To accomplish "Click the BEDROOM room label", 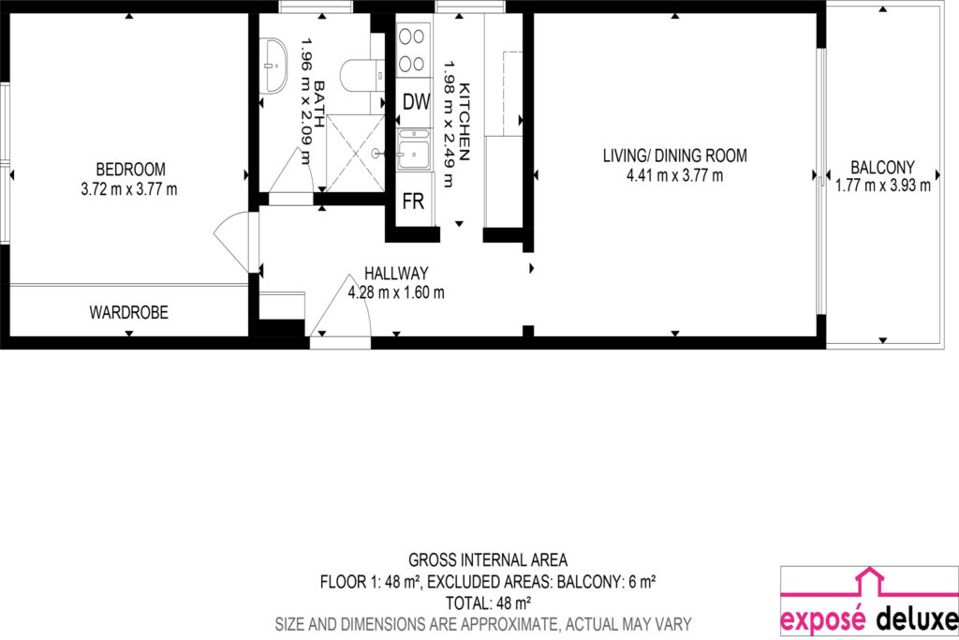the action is click(130, 169).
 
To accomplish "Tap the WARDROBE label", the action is click(128, 312).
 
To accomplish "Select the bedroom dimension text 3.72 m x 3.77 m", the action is click(129, 189).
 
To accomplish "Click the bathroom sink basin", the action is click(273, 66).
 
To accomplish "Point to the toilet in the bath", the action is click(362, 75).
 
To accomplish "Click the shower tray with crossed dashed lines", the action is click(355, 153).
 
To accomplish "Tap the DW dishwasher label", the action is click(416, 101).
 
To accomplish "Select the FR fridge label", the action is click(413, 201).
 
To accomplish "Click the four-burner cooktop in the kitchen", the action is click(412, 50).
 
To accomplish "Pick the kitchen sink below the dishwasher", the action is click(414, 149).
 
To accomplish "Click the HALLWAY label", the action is click(396, 273).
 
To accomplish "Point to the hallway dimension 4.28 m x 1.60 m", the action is click(396, 292).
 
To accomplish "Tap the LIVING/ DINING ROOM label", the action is click(674, 156).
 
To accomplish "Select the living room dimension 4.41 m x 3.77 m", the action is click(674, 175).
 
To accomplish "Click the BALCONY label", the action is click(882, 167).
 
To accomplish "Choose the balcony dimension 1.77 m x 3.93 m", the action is click(883, 186).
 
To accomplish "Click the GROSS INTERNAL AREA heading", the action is click(488, 559).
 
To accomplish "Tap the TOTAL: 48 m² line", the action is click(488, 603).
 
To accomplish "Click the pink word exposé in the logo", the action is click(823, 619).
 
